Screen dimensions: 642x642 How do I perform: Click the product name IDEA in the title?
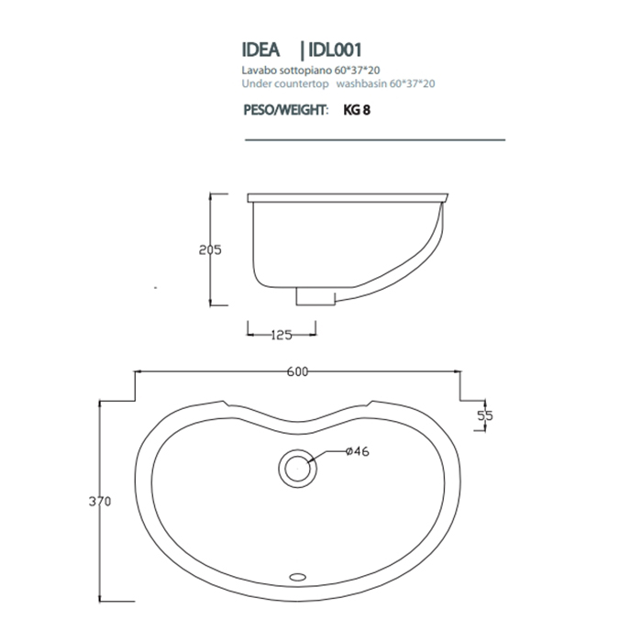click(x=260, y=50)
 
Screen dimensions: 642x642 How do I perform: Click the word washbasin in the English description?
click(x=360, y=83)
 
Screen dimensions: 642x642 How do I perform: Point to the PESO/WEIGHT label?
click(x=284, y=109)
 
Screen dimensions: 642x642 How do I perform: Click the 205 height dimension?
click(x=210, y=249)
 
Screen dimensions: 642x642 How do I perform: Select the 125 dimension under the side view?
click(x=282, y=335)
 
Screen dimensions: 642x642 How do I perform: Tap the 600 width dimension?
click(x=296, y=371)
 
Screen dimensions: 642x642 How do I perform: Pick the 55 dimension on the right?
click(x=485, y=415)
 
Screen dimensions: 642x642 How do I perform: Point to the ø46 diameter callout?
click(x=358, y=450)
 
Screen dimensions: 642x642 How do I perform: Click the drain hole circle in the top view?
click(x=297, y=465)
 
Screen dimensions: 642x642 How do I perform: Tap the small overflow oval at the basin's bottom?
click(x=297, y=577)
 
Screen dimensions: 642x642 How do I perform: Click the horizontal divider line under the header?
click(x=374, y=139)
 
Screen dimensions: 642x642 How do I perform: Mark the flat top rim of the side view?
click(x=349, y=197)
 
